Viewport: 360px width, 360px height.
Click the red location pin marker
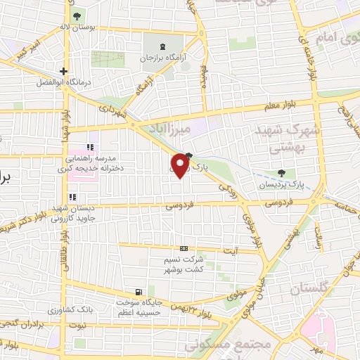click(181, 166)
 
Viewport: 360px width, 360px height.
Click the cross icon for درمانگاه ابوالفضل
click(64, 71)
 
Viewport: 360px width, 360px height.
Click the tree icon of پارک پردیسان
click(282, 173)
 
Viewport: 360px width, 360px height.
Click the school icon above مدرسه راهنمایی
click(89, 148)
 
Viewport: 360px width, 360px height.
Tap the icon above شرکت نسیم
click(184, 248)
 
